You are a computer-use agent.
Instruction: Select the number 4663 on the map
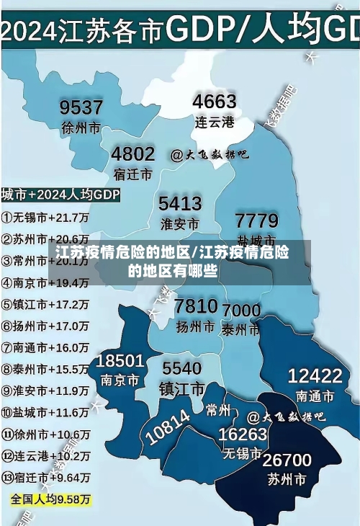215,101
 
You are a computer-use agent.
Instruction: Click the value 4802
132,153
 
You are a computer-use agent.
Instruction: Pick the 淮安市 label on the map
180,223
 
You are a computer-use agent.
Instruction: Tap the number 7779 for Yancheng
257,220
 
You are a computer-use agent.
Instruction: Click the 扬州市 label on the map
196,326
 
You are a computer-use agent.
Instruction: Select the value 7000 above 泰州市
242,310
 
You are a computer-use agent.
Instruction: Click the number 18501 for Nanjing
120,360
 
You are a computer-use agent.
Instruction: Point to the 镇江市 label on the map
181,389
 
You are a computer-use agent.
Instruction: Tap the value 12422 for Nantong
315,375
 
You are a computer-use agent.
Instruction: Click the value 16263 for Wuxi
243,434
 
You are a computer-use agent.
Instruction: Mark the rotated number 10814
168,427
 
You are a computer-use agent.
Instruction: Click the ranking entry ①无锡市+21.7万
45,217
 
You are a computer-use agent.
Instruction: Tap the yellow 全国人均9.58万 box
50,499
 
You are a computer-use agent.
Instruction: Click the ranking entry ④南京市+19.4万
45,283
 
